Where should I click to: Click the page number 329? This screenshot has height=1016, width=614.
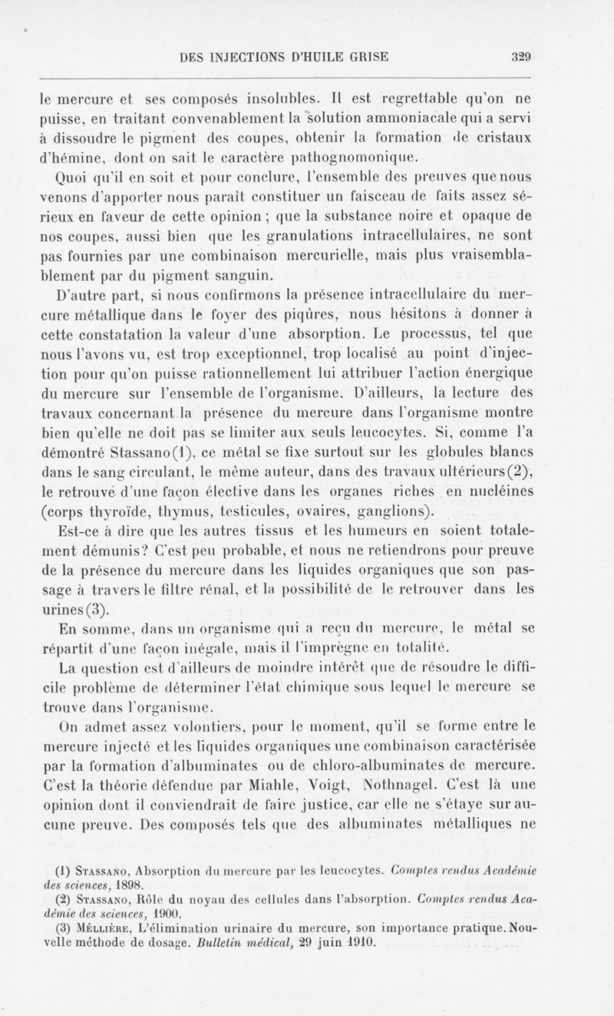tap(522, 56)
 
